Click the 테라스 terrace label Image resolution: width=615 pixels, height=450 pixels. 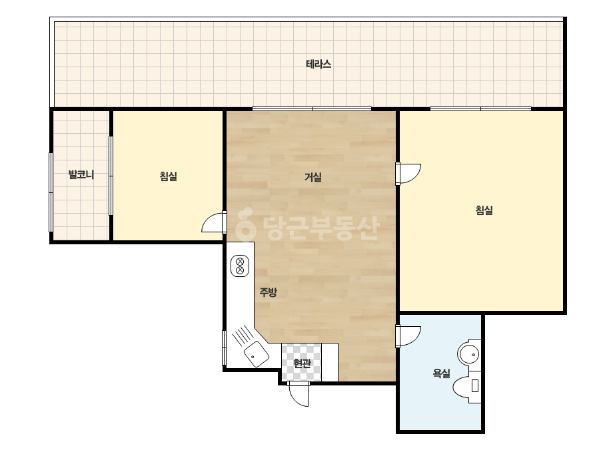(x=318, y=64)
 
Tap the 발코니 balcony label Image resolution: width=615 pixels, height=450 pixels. (x=81, y=174)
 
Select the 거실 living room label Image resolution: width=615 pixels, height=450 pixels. (x=313, y=177)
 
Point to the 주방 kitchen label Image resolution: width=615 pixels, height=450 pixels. (x=269, y=292)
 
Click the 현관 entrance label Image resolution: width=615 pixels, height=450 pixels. (x=302, y=363)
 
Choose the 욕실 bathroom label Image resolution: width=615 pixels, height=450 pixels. (x=441, y=373)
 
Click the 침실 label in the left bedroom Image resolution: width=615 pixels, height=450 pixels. (x=169, y=176)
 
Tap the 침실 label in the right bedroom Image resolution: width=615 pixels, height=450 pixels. (x=484, y=210)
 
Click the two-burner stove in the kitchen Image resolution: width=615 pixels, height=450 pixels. (x=240, y=266)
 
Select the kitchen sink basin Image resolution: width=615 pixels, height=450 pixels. (x=257, y=353)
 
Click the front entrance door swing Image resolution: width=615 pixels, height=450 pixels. (x=299, y=393)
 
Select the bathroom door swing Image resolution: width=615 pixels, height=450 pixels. (x=408, y=336)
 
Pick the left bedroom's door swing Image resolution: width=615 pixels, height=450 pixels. (x=214, y=222)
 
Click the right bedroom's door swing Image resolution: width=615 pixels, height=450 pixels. (x=408, y=174)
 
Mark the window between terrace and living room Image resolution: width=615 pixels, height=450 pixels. (x=312, y=109)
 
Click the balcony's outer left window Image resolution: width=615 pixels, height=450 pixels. (x=51, y=192)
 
